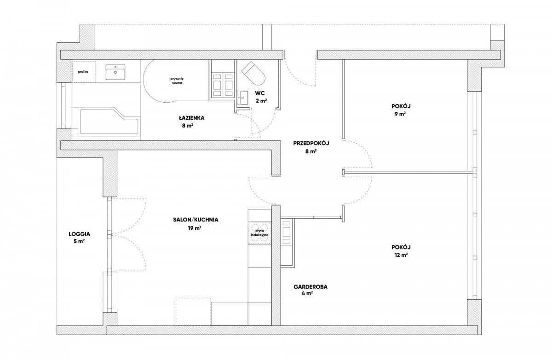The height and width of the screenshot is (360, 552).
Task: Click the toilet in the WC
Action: coord(253,73)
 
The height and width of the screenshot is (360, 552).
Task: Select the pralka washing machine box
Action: coord(83,72)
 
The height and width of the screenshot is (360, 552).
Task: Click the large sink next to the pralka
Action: coord(115,72)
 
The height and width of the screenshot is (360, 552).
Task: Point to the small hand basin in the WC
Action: coord(243,98)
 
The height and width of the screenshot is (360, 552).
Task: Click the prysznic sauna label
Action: coord(177,81)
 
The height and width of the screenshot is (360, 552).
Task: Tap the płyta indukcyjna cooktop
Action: coord(259,232)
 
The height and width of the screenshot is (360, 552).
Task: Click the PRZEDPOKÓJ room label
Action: coord(311,143)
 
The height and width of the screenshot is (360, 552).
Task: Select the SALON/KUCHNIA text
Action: coord(195,220)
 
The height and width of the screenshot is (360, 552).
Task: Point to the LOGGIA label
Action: coord(79,234)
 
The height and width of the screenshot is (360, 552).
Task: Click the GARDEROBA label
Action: coord(310,287)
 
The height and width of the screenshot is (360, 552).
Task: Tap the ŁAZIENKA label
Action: coord(192,118)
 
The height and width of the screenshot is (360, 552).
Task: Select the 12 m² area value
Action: coord(401,255)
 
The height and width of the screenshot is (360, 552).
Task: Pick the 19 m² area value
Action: coord(195,228)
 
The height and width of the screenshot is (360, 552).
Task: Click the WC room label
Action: coord(260,93)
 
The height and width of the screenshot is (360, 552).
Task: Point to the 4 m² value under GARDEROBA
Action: coord(307,293)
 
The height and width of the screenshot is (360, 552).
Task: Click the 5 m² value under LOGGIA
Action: coord(79,241)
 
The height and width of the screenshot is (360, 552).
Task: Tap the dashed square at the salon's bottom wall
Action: coord(194,311)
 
